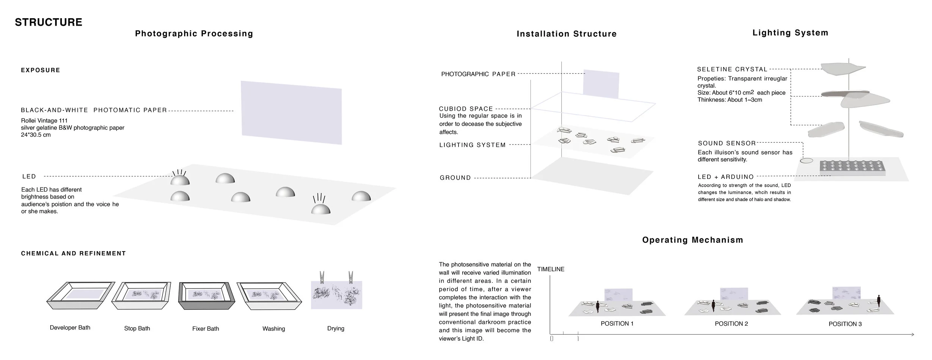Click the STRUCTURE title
(x=48, y=22)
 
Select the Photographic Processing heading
(x=194, y=34)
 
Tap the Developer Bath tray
(x=81, y=296)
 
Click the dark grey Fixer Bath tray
(x=207, y=296)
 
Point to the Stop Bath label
(x=137, y=329)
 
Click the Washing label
(x=274, y=329)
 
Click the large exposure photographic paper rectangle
(x=291, y=112)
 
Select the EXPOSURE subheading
(x=41, y=70)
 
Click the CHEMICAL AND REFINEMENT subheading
(x=73, y=253)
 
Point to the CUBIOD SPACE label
(x=466, y=109)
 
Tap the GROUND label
(x=456, y=178)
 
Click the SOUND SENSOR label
(x=727, y=143)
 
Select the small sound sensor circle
(x=806, y=161)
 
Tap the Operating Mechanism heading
(x=692, y=240)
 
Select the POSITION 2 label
(x=731, y=324)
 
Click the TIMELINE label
(x=551, y=269)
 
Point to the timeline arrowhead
(x=912, y=335)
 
